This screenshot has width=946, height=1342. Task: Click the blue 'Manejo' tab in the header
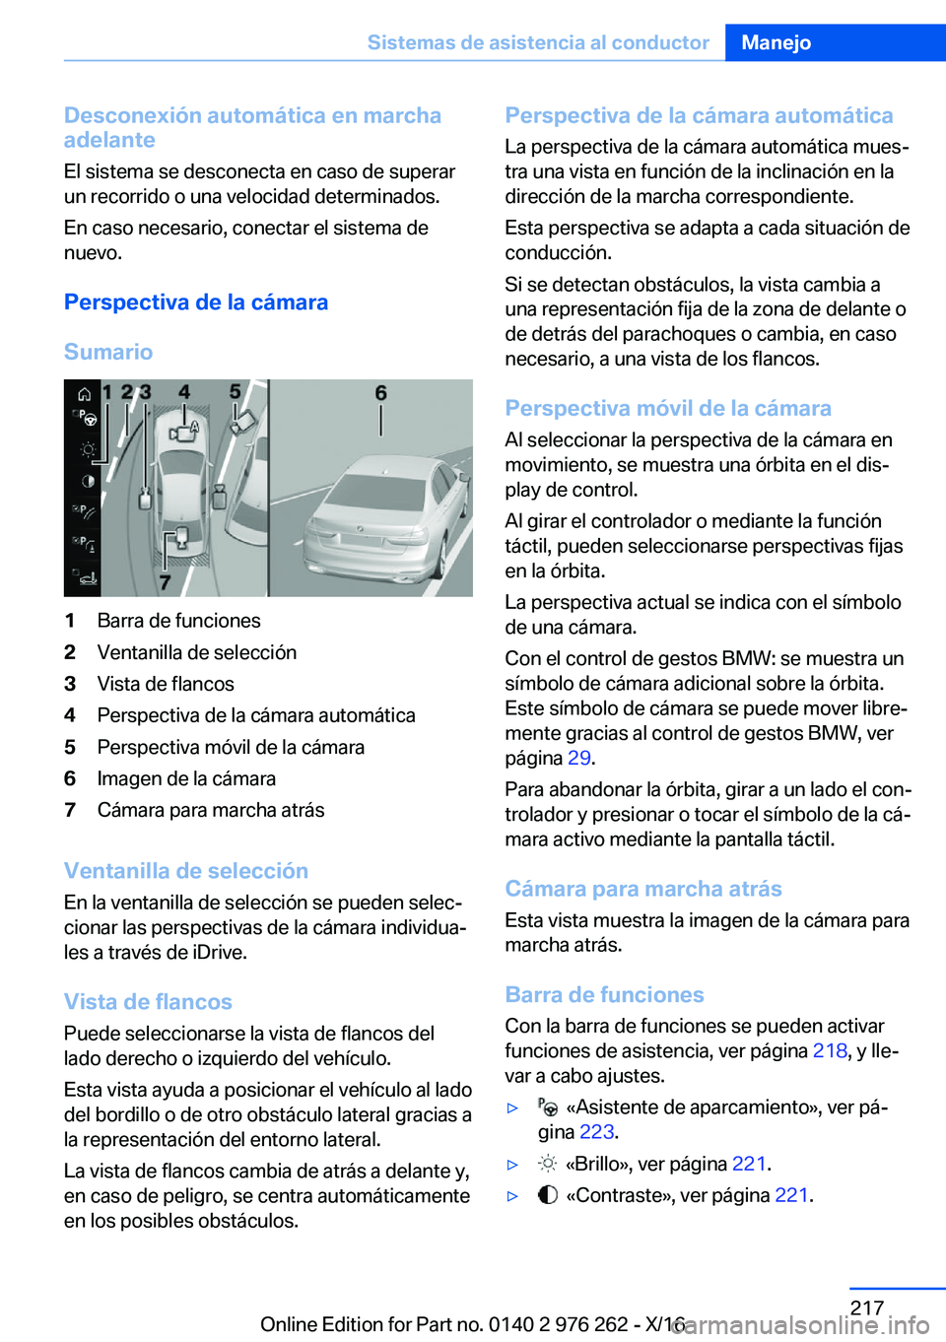coord(777,42)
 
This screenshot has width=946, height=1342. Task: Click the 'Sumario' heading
coord(108,352)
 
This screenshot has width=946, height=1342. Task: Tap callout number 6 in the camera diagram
coord(381,394)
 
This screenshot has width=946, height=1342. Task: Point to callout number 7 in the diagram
coord(166,582)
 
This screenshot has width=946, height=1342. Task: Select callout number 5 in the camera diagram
coord(236,392)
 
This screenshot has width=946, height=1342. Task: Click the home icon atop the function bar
coord(86,394)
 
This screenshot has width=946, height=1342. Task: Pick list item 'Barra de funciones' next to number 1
coord(179,621)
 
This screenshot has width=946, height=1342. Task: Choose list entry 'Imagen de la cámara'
coord(186,778)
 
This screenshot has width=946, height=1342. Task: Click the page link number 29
coord(578,758)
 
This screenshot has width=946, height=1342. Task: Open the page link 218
coord(830,1050)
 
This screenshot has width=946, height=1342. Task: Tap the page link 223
coord(596,1131)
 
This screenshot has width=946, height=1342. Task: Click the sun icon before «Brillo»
coord(548,1164)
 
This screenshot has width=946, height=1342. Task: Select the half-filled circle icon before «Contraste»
coord(548,1195)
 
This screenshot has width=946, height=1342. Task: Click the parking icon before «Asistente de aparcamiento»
coord(548,1107)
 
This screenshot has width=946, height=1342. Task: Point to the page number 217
coord(867,1308)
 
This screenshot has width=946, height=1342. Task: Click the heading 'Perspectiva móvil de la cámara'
coord(668,408)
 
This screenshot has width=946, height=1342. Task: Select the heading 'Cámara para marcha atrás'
coord(643,889)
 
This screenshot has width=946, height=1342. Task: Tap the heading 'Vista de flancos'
coord(148,1002)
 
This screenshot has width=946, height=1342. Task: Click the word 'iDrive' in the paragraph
coord(220,952)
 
